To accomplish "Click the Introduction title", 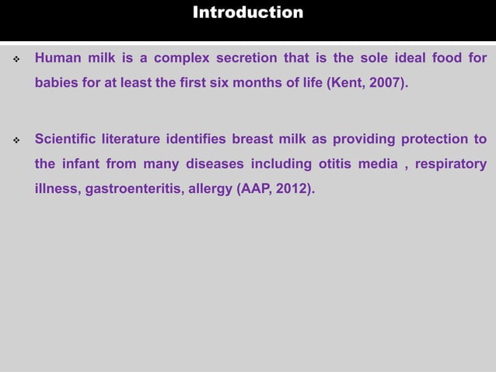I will click(248, 12).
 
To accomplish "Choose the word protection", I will click(435, 140).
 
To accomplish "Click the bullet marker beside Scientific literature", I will click(15, 141).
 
